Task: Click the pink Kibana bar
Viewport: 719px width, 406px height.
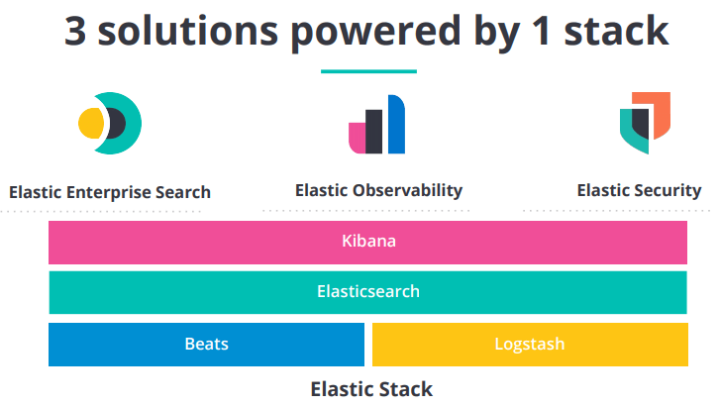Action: [x=367, y=243]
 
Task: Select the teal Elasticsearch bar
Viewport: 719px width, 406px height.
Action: [x=367, y=292]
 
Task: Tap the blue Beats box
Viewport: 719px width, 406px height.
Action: [x=206, y=345]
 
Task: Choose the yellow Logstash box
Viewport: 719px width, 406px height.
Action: [x=530, y=345]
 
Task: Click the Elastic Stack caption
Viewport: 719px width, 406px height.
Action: [x=371, y=389]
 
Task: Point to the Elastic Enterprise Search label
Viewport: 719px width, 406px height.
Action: [x=110, y=192]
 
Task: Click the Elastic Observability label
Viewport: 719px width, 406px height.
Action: [x=378, y=191]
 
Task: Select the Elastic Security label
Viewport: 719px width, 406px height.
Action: [x=639, y=191]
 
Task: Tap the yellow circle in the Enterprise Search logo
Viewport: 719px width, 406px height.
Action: [x=91, y=123]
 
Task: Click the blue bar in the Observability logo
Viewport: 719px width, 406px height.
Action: [x=397, y=124]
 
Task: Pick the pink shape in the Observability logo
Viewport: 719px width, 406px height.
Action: [x=358, y=138]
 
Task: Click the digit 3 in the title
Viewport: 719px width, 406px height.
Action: [x=75, y=31]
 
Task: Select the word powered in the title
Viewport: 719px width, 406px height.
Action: [x=375, y=33]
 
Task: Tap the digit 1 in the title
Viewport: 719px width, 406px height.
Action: [x=542, y=31]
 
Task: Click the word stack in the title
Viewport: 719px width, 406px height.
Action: [x=616, y=31]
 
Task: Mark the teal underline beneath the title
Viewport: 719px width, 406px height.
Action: [x=368, y=71]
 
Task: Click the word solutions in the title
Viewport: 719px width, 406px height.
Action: [x=188, y=31]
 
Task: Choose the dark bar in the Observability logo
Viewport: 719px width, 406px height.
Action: [x=373, y=132]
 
